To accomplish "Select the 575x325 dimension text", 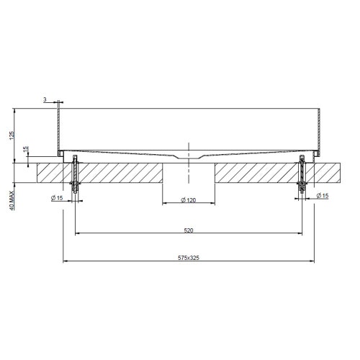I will [x=188, y=256].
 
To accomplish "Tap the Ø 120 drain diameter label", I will [x=188, y=199].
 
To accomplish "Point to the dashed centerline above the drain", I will [x=188, y=148].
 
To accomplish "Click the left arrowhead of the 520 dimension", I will [x=78, y=233].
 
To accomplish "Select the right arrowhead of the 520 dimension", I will [x=300, y=233].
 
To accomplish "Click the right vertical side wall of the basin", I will [x=319, y=130].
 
